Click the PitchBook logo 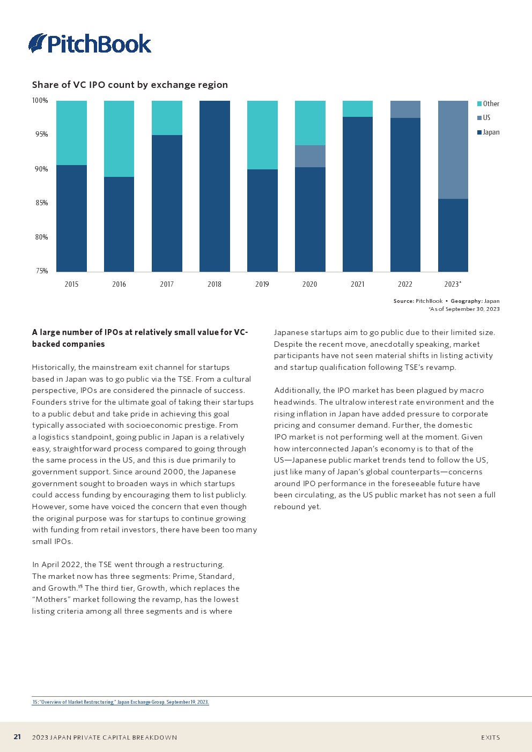tap(90, 43)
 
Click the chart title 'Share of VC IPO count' tap(130, 85)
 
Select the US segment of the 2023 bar tap(453, 150)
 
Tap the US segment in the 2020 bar tap(310, 156)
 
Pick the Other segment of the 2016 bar tap(119, 139)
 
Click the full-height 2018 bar tap(215, 186)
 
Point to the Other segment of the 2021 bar tap(357, 109)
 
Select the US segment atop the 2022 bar tap(405, 109)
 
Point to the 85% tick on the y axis tap(41, 203)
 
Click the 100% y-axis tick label tap(40, 100)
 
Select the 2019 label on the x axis tap(262, 284)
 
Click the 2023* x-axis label tap(453, 284)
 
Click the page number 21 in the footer tap(17, 737)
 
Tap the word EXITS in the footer tap(490, 738)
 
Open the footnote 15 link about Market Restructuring tap(121, 702)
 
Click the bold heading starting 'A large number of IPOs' tap(139, 338)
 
